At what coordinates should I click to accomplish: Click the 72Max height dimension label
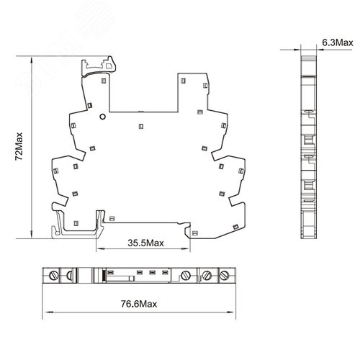19,146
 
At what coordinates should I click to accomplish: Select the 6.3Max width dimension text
338,42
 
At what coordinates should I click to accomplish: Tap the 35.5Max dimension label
145,243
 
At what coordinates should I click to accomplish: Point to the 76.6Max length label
139,304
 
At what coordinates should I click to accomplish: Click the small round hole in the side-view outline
102,117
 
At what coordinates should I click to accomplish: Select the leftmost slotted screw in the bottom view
54,275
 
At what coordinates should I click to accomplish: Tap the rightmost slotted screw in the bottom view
225,275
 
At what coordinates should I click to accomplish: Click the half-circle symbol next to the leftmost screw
70,275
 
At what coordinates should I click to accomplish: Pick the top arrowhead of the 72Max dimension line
32,60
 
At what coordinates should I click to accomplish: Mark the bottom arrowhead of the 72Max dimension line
32,235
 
